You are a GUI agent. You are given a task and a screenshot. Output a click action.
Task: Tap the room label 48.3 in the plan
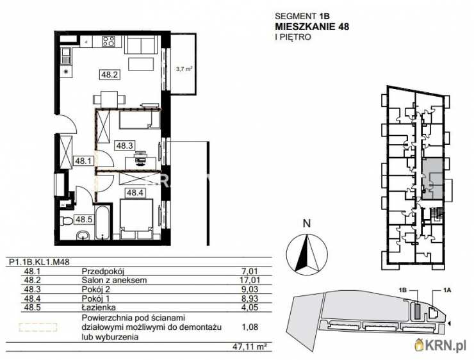[124, 145]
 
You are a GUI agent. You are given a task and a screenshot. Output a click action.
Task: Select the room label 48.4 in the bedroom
[134, 192]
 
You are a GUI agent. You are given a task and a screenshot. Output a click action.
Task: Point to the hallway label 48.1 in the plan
[83, 162]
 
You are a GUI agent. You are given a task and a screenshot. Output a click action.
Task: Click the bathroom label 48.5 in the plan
[84, 219]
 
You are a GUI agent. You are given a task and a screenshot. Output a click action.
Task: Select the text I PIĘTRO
[293, 37]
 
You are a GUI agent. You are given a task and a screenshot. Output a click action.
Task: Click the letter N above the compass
[306, 224]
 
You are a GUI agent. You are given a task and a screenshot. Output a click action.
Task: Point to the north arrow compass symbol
[306, 253]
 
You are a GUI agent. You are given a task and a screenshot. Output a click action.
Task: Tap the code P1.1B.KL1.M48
[39, 261]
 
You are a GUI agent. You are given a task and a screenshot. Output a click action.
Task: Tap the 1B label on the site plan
[404, 290]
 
